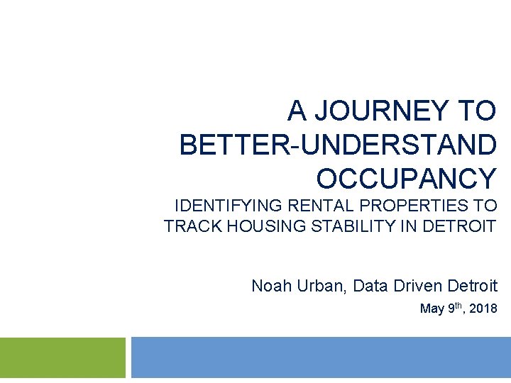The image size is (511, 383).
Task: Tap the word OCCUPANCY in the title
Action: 406,179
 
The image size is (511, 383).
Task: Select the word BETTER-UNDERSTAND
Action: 338,145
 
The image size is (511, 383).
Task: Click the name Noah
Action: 269,287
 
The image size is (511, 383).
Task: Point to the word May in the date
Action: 431,309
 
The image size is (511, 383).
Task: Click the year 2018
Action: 483,309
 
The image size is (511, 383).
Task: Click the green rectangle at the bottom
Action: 62,357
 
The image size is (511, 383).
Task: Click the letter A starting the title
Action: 297,111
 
